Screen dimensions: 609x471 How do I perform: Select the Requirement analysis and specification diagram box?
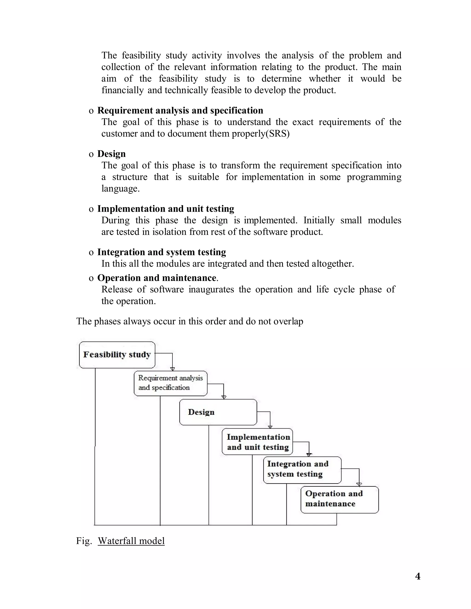coord(170,383)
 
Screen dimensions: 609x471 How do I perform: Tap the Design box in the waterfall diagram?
coord(218,412)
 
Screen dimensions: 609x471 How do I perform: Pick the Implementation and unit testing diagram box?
coord(257,442)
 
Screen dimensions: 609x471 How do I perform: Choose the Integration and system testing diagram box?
coord(302,470)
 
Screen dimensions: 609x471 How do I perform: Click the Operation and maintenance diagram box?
coord(339,500)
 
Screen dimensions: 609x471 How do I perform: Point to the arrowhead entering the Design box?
coord(224,397)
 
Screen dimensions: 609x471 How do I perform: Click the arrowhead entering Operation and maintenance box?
coord(359,484)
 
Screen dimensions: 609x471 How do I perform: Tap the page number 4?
coord(418,576)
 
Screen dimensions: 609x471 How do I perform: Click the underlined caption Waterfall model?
coord(131,541)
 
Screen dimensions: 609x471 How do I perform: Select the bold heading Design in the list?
coord(111,154)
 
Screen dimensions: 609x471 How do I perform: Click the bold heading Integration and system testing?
coord(161,252)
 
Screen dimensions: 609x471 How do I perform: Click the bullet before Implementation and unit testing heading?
coord(91,209)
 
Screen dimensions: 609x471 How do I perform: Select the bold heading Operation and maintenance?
coord(157,278)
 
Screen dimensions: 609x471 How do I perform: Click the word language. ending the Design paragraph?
coord(120,189)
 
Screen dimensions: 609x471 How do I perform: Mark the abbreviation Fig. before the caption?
coord(84,541)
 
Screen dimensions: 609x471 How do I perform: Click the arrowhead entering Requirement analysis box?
coord(172,369)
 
